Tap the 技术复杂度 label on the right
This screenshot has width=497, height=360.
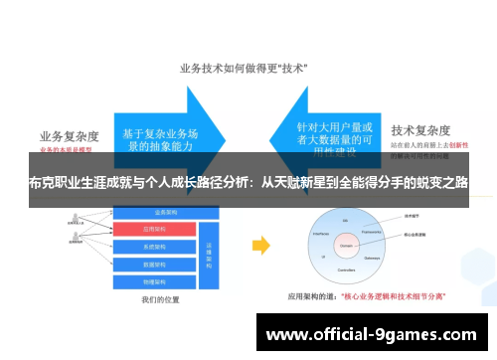point(421,130)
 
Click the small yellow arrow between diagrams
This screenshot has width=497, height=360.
point(260,245)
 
